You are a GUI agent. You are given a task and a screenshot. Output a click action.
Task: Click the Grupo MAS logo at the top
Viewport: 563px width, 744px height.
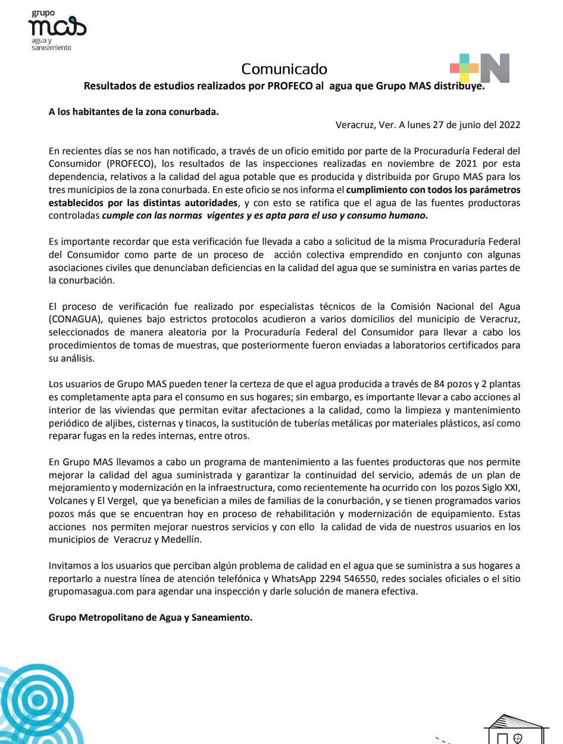(56, 30)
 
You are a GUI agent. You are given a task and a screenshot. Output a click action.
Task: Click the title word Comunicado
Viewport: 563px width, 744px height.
(284, 69)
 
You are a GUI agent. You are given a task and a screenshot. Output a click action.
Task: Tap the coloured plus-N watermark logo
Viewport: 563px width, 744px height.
(479, 68)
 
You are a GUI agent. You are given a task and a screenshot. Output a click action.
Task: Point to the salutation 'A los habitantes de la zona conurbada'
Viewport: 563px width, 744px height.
(133, 111)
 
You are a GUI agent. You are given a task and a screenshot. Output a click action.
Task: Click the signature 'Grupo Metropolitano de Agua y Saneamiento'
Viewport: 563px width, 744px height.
(150, 617)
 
